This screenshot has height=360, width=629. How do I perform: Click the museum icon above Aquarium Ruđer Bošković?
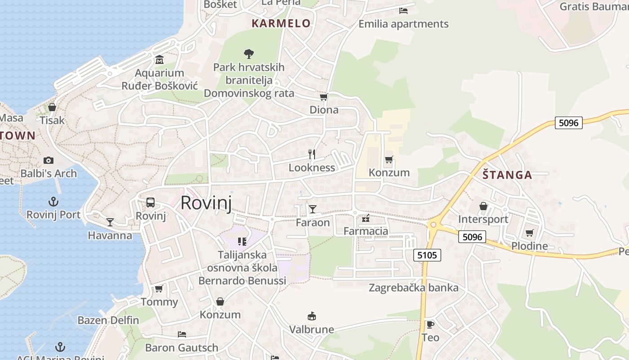(159, 60)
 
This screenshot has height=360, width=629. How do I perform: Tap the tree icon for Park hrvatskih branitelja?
(248, 54)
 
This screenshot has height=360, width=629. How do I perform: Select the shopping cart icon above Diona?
(323, 97)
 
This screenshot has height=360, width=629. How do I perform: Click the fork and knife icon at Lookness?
(312, 154)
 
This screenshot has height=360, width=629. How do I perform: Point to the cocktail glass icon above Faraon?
(312, 209)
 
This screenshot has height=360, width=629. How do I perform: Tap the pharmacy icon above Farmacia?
(366, 219)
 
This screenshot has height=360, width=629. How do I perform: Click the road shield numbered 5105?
(427, 256)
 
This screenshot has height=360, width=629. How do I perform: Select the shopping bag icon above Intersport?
(483, 206)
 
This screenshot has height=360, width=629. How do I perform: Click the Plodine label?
(529, 246)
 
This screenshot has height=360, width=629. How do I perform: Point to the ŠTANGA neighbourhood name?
(507, 175)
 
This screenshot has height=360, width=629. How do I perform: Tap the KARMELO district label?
(281, 23)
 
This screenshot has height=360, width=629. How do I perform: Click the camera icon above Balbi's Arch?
(49, 160)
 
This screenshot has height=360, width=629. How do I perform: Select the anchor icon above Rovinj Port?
(53, 201)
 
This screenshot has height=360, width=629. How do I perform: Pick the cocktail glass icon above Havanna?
(110, 222)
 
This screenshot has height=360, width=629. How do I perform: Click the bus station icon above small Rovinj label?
(151, 202)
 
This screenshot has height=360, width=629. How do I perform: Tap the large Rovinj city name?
(206, 203)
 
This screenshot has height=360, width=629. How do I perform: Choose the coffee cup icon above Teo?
(430, 324)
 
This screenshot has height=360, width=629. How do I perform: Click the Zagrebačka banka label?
(414, 288)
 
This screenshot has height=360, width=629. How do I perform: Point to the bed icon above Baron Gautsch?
(182, 334)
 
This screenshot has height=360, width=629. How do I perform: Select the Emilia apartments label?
(403, 24)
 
